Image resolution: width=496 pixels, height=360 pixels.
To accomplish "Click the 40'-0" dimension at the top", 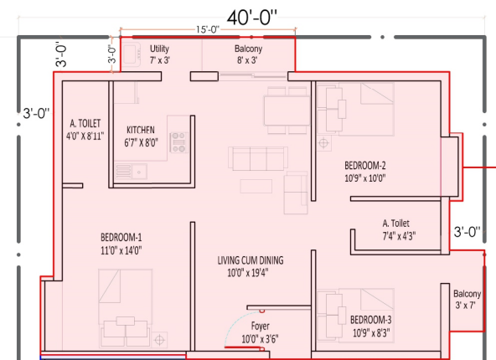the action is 252,18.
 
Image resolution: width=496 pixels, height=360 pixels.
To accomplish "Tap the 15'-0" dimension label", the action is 208,29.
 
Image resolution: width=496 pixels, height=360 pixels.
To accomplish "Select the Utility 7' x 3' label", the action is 160,54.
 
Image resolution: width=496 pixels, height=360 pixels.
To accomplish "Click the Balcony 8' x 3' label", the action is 248,54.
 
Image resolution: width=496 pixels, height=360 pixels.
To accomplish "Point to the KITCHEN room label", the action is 141,130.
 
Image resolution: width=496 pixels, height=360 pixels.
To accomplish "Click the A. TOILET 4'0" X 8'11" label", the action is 85,129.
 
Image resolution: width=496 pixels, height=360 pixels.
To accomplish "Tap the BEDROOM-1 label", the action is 121,237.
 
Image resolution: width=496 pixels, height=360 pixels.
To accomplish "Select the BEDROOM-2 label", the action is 365,165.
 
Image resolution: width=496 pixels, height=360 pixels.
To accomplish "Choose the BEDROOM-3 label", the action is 370,320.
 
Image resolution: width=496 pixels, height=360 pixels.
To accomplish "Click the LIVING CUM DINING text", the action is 251,260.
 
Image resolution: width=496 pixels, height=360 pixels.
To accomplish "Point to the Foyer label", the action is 261,326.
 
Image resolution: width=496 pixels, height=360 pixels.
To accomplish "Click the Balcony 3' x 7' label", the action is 467,299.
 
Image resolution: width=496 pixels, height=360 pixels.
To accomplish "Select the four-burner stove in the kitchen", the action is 178,142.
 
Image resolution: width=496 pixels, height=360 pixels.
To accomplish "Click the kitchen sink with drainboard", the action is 131,172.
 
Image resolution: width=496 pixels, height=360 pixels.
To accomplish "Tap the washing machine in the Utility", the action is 132,54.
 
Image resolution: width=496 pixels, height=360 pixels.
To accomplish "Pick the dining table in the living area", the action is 287,111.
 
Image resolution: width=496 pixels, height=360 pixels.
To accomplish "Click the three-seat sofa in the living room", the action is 258,158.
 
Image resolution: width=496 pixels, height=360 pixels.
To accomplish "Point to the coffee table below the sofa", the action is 256,186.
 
